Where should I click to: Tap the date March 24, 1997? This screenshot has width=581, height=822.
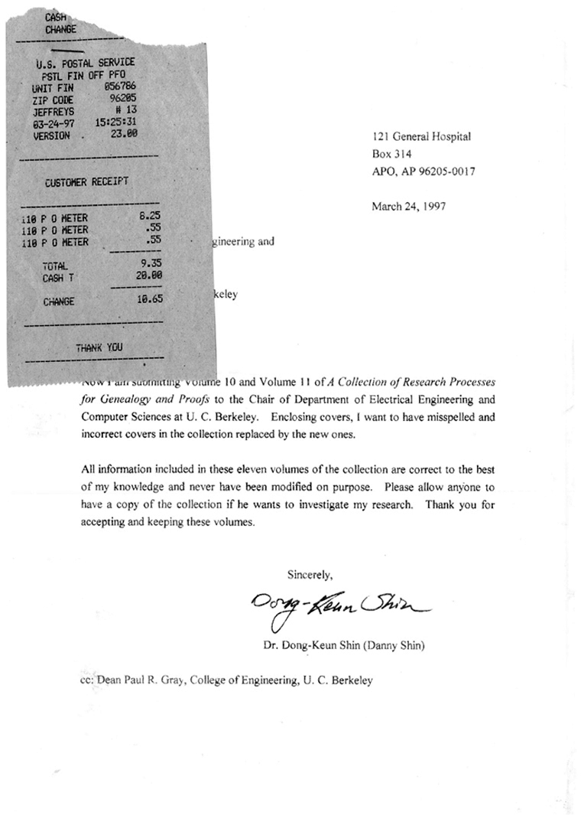coord(409,206)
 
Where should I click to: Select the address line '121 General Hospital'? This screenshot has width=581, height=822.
coord(421,137)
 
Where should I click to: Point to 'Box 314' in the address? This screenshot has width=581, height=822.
coord(391,154)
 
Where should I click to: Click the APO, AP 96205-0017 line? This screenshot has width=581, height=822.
coord(424,171)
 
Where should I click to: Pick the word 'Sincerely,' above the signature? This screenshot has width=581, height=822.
coord(310,573)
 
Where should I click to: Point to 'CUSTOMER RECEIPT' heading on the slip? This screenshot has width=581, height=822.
coord(86,182)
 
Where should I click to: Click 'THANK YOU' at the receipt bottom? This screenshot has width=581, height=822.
coord(99,347)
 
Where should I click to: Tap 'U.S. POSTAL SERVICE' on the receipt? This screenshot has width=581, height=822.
coord(85,63)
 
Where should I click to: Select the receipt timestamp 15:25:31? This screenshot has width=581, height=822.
coord(116,122)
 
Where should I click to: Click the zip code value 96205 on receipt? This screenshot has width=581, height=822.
coord(123,99)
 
